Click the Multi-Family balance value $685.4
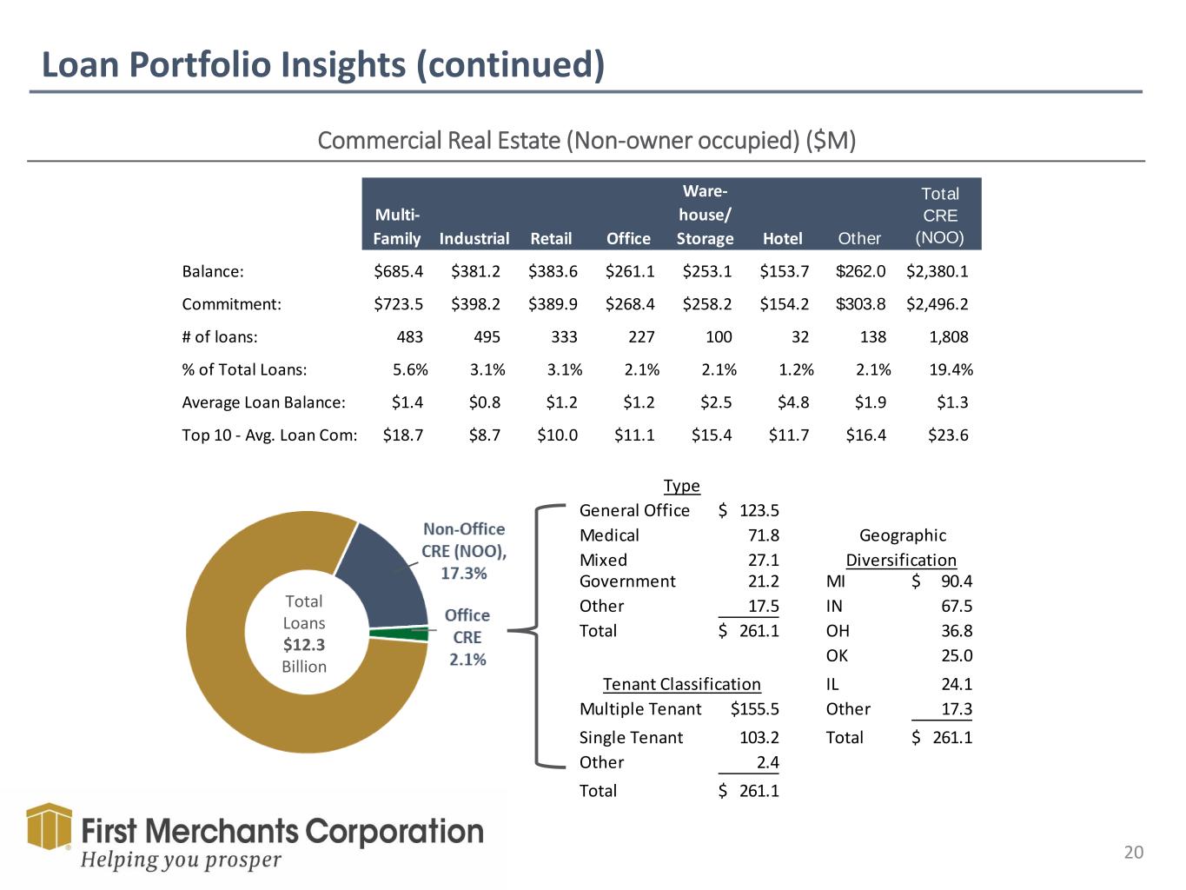click(399, 271)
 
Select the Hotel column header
click(782, 238)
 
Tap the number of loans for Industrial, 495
click(487, 336)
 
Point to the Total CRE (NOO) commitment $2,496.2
click(937, 304)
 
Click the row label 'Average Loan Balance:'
click(263, 402)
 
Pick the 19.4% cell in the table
click(951, 369)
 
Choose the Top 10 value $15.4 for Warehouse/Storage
click(712, 435)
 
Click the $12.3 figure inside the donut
click(304, 645)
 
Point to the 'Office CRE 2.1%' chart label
click(467, 637)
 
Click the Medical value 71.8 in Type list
click(764, 535)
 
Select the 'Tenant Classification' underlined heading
click(681, 685)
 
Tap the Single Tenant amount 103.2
click(759, 738)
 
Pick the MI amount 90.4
click(957, 581)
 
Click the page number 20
click(1134, 853)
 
